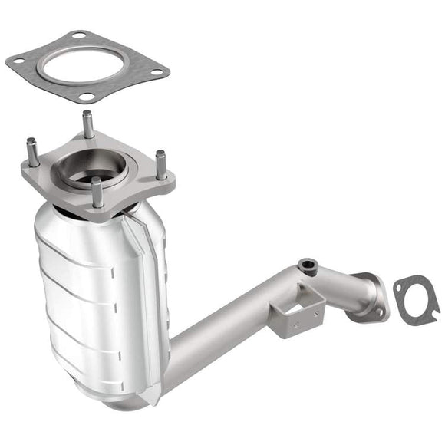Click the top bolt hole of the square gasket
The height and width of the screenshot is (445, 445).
(x=80, y=35)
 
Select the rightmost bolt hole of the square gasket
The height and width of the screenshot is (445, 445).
(x=157, y=71)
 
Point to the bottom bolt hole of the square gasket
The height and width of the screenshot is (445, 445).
(x=87, y=97)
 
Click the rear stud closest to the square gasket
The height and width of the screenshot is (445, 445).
(x=88, y=123)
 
